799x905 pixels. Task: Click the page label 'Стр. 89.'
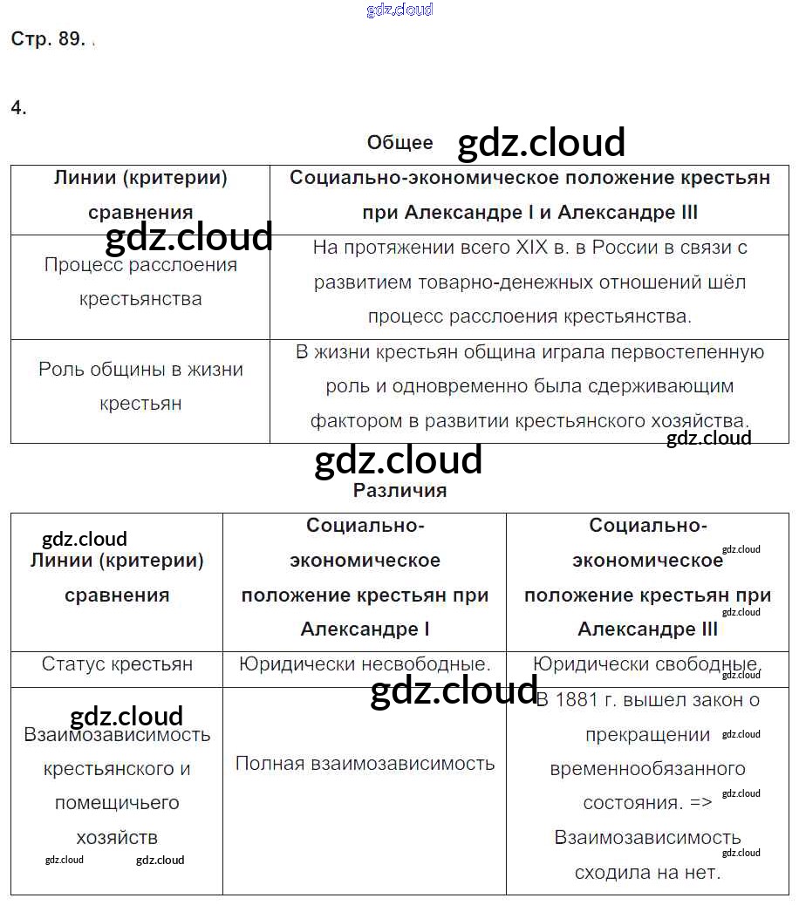pyautogui.click(x=47, y=39)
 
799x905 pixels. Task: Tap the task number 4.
pyautogui.click(x=18, y=108)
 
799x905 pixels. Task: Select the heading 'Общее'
pyautogui.click(x=399, y=143)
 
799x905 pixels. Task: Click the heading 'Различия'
pyautogui.click(x=399, y=491)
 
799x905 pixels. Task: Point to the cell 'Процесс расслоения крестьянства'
pyautogui.click(x=140, y=282)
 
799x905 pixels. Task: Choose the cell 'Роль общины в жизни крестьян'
pyautogui.click(x=140, y=386)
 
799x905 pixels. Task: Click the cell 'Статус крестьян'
pyautogui.click(x=117, y=664)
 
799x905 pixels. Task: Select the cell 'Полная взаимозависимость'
pyautogui.click(x=365, y=764)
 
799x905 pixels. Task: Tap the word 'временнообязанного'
pyautogui.click(x=647, y=769)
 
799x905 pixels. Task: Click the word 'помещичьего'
pyautogui.click(x=117, y=803)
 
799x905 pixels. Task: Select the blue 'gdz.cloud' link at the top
pyautogui.click(x=399, y=10)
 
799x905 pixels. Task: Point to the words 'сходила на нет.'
pyautogui.click(x=647, y=872)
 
